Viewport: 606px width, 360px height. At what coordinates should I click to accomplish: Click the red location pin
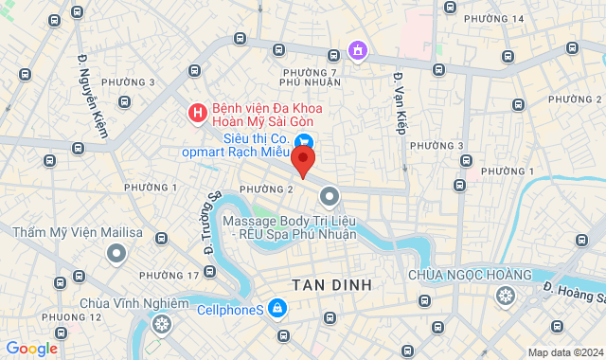(302, 159)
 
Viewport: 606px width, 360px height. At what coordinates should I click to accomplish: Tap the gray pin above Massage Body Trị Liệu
(329, 197)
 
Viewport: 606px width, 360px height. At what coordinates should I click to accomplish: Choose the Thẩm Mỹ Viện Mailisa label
(78, 231)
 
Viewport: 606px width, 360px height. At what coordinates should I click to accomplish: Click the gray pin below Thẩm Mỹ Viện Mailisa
(116, 253)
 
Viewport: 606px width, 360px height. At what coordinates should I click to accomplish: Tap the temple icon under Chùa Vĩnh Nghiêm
(162, 325)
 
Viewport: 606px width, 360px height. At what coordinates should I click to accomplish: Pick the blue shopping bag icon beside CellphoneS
(276, 308)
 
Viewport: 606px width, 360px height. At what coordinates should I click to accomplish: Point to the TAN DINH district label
(331, 284)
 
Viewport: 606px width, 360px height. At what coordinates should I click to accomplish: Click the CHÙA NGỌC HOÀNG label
(471, 275)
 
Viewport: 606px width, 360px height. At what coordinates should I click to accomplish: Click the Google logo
(31, 349)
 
